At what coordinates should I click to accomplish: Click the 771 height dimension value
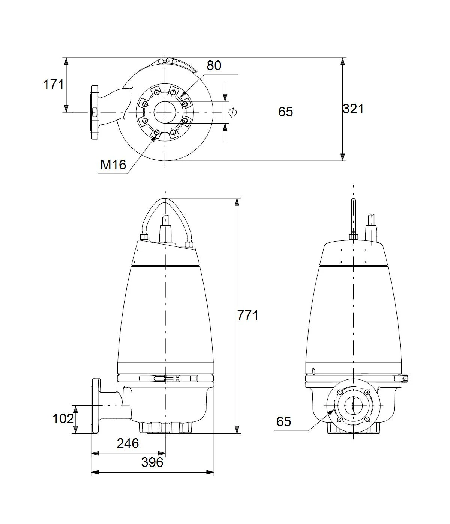click(x=248, y=316)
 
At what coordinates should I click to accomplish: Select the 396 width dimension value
click(x=152, y=462)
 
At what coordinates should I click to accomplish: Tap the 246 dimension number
click(x=128, y=443)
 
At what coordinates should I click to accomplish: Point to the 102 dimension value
click(x=63, y=418)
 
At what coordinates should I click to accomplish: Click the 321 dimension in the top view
click(x=353, y=109)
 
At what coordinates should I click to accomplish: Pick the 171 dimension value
click(x=53, y=85)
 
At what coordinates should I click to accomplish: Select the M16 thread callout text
click(x=113, y=165)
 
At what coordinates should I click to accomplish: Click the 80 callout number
click(x=214, y=66)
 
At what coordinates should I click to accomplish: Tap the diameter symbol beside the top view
click(x=232, y=112)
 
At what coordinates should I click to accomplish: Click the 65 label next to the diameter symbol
click(x=285, y=112)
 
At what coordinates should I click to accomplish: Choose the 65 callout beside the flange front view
click(x=284, y=421)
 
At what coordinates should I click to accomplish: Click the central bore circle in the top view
click(x=165, y=112)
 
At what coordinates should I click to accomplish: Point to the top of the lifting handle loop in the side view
click(x=165, y=199)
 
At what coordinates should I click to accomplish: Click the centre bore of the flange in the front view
click(x=353, y=405)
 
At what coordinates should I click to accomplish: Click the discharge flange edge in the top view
click(x=94, y=112)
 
